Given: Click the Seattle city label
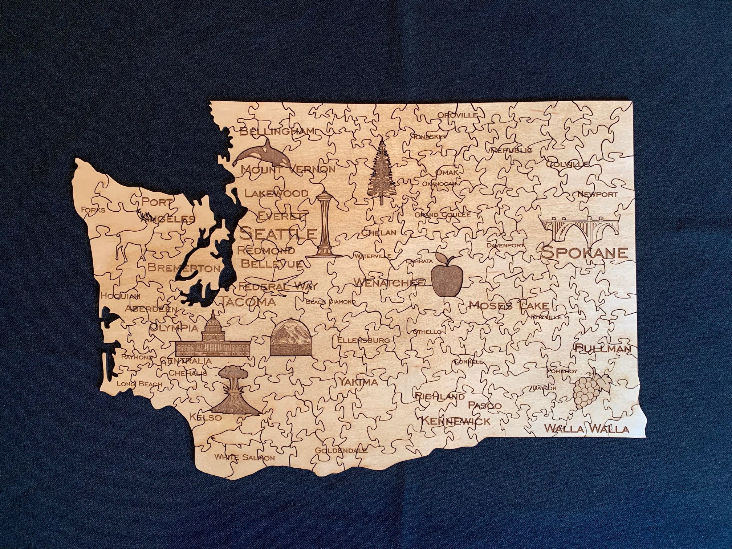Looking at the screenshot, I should (278, 233).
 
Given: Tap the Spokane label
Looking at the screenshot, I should (584, 252).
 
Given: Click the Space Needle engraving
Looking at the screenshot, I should (324, 225).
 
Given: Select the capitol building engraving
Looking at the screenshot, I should (213, 338).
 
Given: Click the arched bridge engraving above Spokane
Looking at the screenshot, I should (579, 228).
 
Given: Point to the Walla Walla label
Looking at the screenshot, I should (586, 429).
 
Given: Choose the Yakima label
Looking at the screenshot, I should (358, 382).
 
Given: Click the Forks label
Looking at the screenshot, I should (93, 210).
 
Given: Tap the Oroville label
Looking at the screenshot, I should (457, 115).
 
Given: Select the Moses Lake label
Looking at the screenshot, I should (509, 305).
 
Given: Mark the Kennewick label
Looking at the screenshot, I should (455, 421).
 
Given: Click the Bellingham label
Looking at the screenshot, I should (277, 131).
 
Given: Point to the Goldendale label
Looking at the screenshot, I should (341, 451).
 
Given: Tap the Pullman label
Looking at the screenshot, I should (603, 348).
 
